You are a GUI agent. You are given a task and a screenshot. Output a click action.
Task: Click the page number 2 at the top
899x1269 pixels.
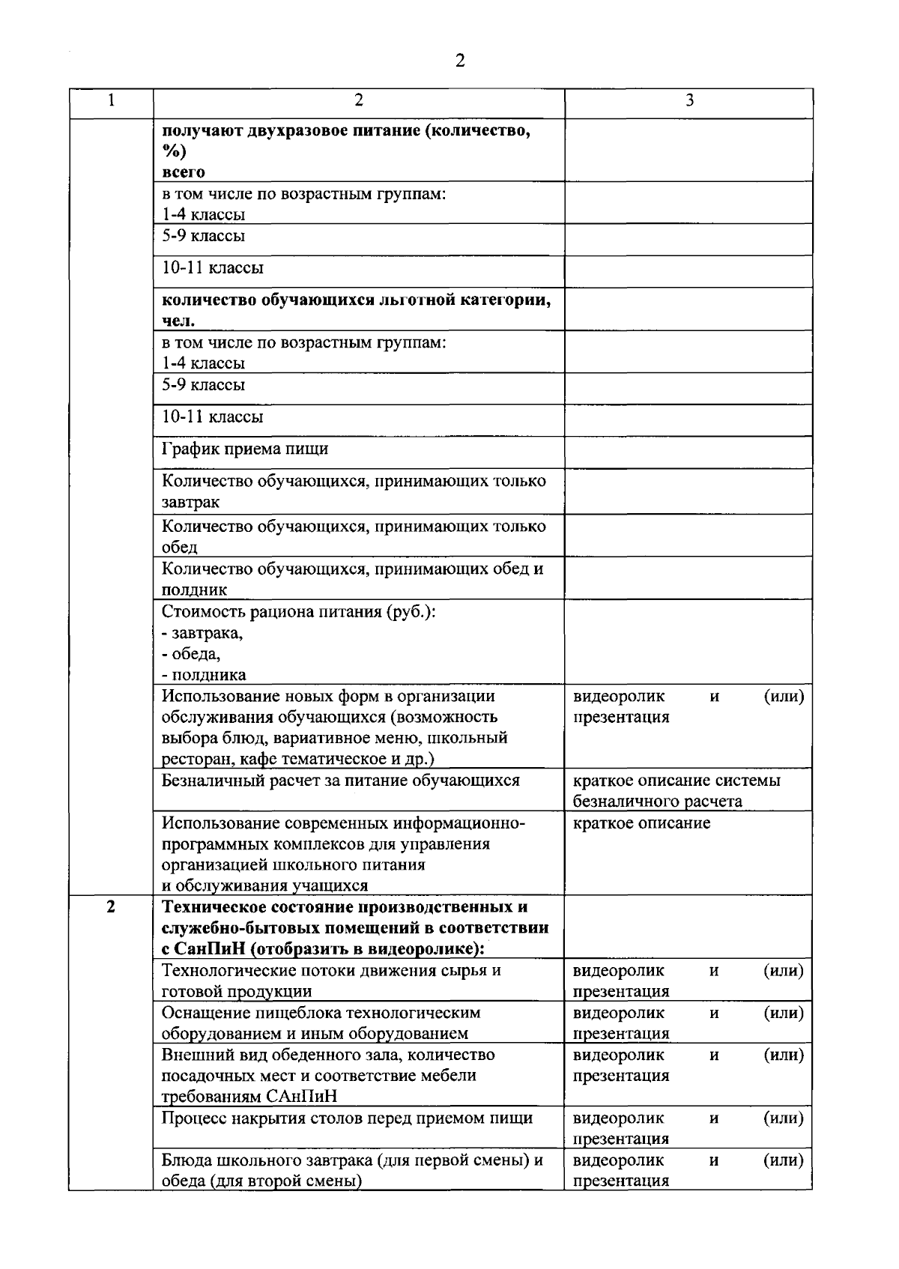pyautogui.click(x=459, y=61)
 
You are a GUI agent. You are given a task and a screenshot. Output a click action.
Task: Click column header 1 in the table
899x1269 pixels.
pyautogui.click(x=111, y=100)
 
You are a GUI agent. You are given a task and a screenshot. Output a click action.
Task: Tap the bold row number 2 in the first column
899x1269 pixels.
pyautogui.click(x=111, y=907)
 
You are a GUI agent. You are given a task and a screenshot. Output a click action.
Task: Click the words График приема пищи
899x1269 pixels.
pyautogui.click(x=245, y=449)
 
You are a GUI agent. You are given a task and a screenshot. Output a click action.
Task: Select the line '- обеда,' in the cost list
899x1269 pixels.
pyautogui.click(x=191, y=654)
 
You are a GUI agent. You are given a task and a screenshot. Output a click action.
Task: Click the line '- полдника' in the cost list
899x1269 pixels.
pyautogui.click(x=204, y=675)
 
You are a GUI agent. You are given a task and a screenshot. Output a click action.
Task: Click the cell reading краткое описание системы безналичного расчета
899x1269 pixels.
pyautogui.click(x=676, y=791)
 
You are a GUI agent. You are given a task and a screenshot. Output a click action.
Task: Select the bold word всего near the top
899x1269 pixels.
pyautogui.click(x=184, y=172)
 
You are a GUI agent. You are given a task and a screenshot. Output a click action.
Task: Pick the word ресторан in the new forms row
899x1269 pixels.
pyautogui.click(x=197, y=760)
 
